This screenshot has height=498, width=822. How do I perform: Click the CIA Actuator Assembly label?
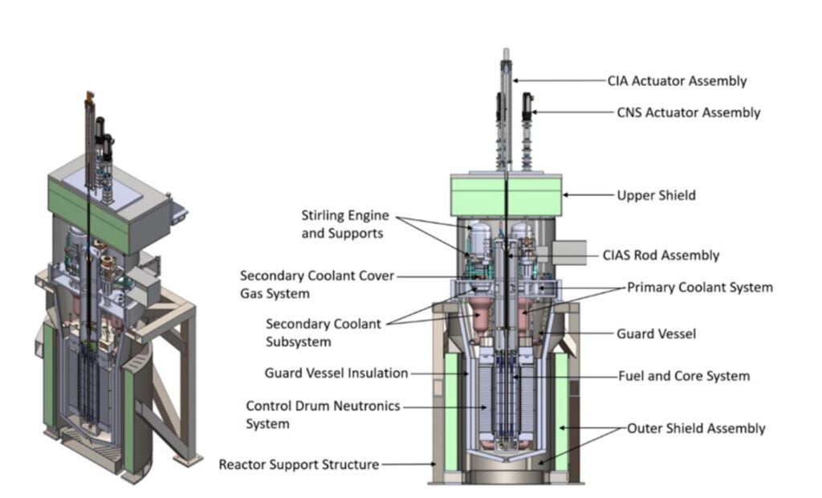[x=677, y=80]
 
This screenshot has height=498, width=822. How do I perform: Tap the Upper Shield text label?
[x=656, y=195]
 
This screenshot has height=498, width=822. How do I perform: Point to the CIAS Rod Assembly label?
[x=661, y=255]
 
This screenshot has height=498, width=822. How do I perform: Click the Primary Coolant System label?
[x=699, y=287]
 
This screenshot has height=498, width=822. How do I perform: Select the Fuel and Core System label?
[x=683, y=376]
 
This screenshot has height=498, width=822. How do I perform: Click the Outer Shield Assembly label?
[x=696, y=428]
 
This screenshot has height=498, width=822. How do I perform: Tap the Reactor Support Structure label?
[x=299, y=464]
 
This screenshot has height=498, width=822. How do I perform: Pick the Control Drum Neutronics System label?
[x=323, y=414]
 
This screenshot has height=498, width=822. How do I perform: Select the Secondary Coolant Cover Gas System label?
[x=317, y=284]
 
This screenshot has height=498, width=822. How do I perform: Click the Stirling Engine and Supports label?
[x=345, y=224]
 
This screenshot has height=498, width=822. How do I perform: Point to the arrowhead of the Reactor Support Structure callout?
[x=433, y=464]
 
